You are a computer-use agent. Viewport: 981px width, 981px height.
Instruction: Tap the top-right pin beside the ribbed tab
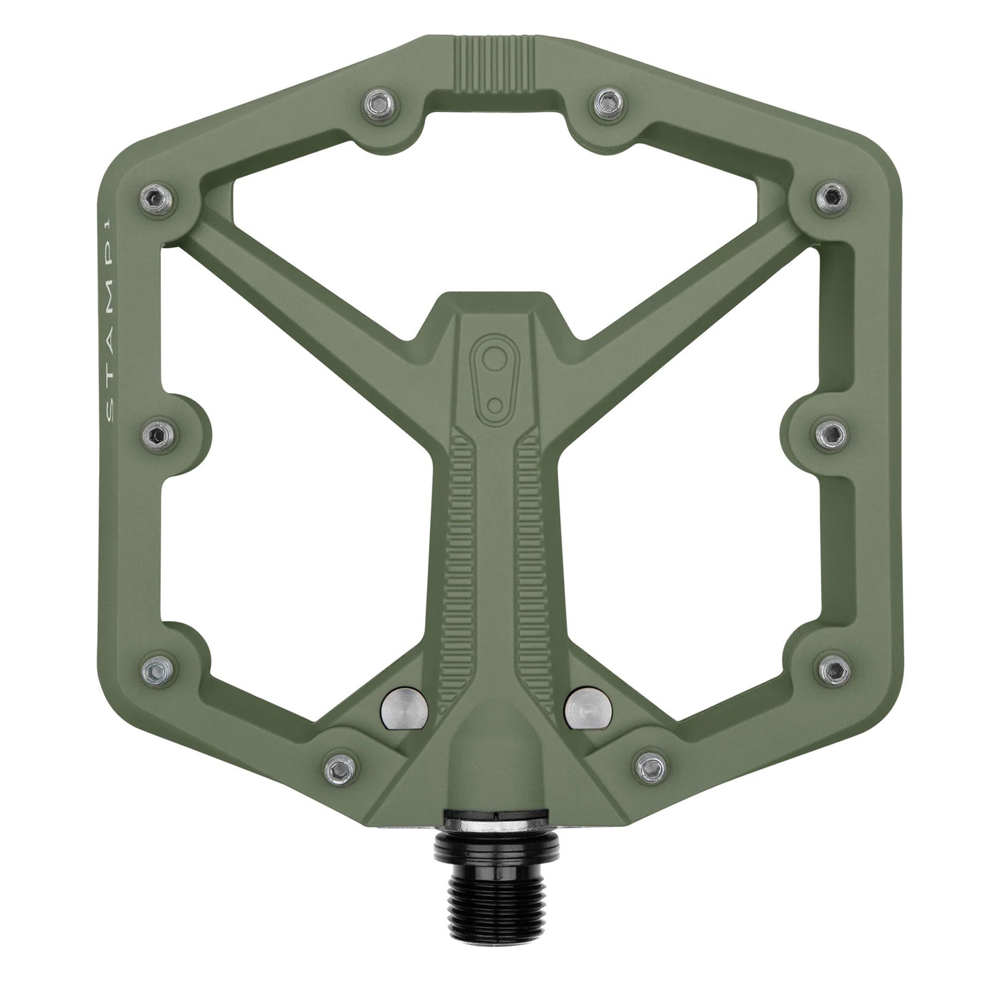point(604,102)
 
